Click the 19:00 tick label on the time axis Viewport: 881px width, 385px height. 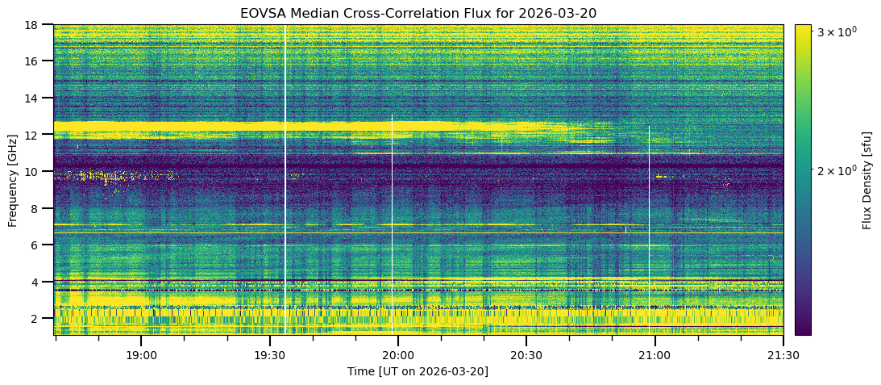coord(141,356)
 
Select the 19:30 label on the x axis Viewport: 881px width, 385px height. coord(270,356)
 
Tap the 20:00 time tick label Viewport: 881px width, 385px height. coord(398,356)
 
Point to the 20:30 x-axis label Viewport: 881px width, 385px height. coord(526,356)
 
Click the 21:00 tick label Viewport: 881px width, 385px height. coord(655,356)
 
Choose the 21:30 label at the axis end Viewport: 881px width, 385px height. coord(783,356)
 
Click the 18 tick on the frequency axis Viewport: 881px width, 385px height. coord(43,25)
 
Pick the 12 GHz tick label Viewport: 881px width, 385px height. coord(43,135)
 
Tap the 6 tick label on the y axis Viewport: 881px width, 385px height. coord(45,245)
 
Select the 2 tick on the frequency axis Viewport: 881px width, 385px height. coord(45,319)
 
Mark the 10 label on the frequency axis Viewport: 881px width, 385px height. coord(43,172)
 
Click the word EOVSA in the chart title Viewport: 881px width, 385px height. coord(259,12)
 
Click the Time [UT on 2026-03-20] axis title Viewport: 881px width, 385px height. coord(418,371)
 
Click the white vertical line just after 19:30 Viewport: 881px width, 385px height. coord(285,180)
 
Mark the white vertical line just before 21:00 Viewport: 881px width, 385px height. coord(649,231)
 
